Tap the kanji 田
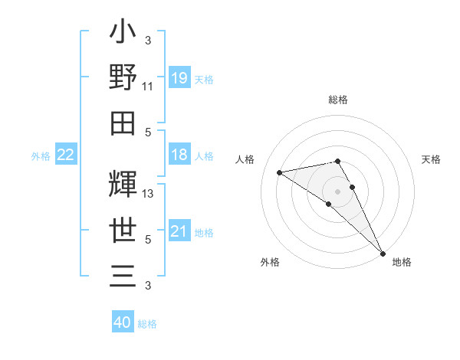click(123, 123)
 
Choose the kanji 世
click(123, 231)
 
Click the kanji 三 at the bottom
click(123, 275)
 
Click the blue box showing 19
click(179, 77)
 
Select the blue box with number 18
click(179, 155)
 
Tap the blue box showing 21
click(179, 231)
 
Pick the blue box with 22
click(66, 155)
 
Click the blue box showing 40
click(123, 322)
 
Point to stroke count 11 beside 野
click(148, 87)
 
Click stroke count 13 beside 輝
click(148, 194)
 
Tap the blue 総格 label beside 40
click(147, 324)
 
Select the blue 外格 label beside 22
click(41, 156)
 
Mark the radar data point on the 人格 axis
click(279, 172)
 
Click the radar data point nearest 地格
click(382, 254)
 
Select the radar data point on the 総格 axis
click(337, 161)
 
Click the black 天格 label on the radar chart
click(432, 159)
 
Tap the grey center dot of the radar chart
click(337, 191)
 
